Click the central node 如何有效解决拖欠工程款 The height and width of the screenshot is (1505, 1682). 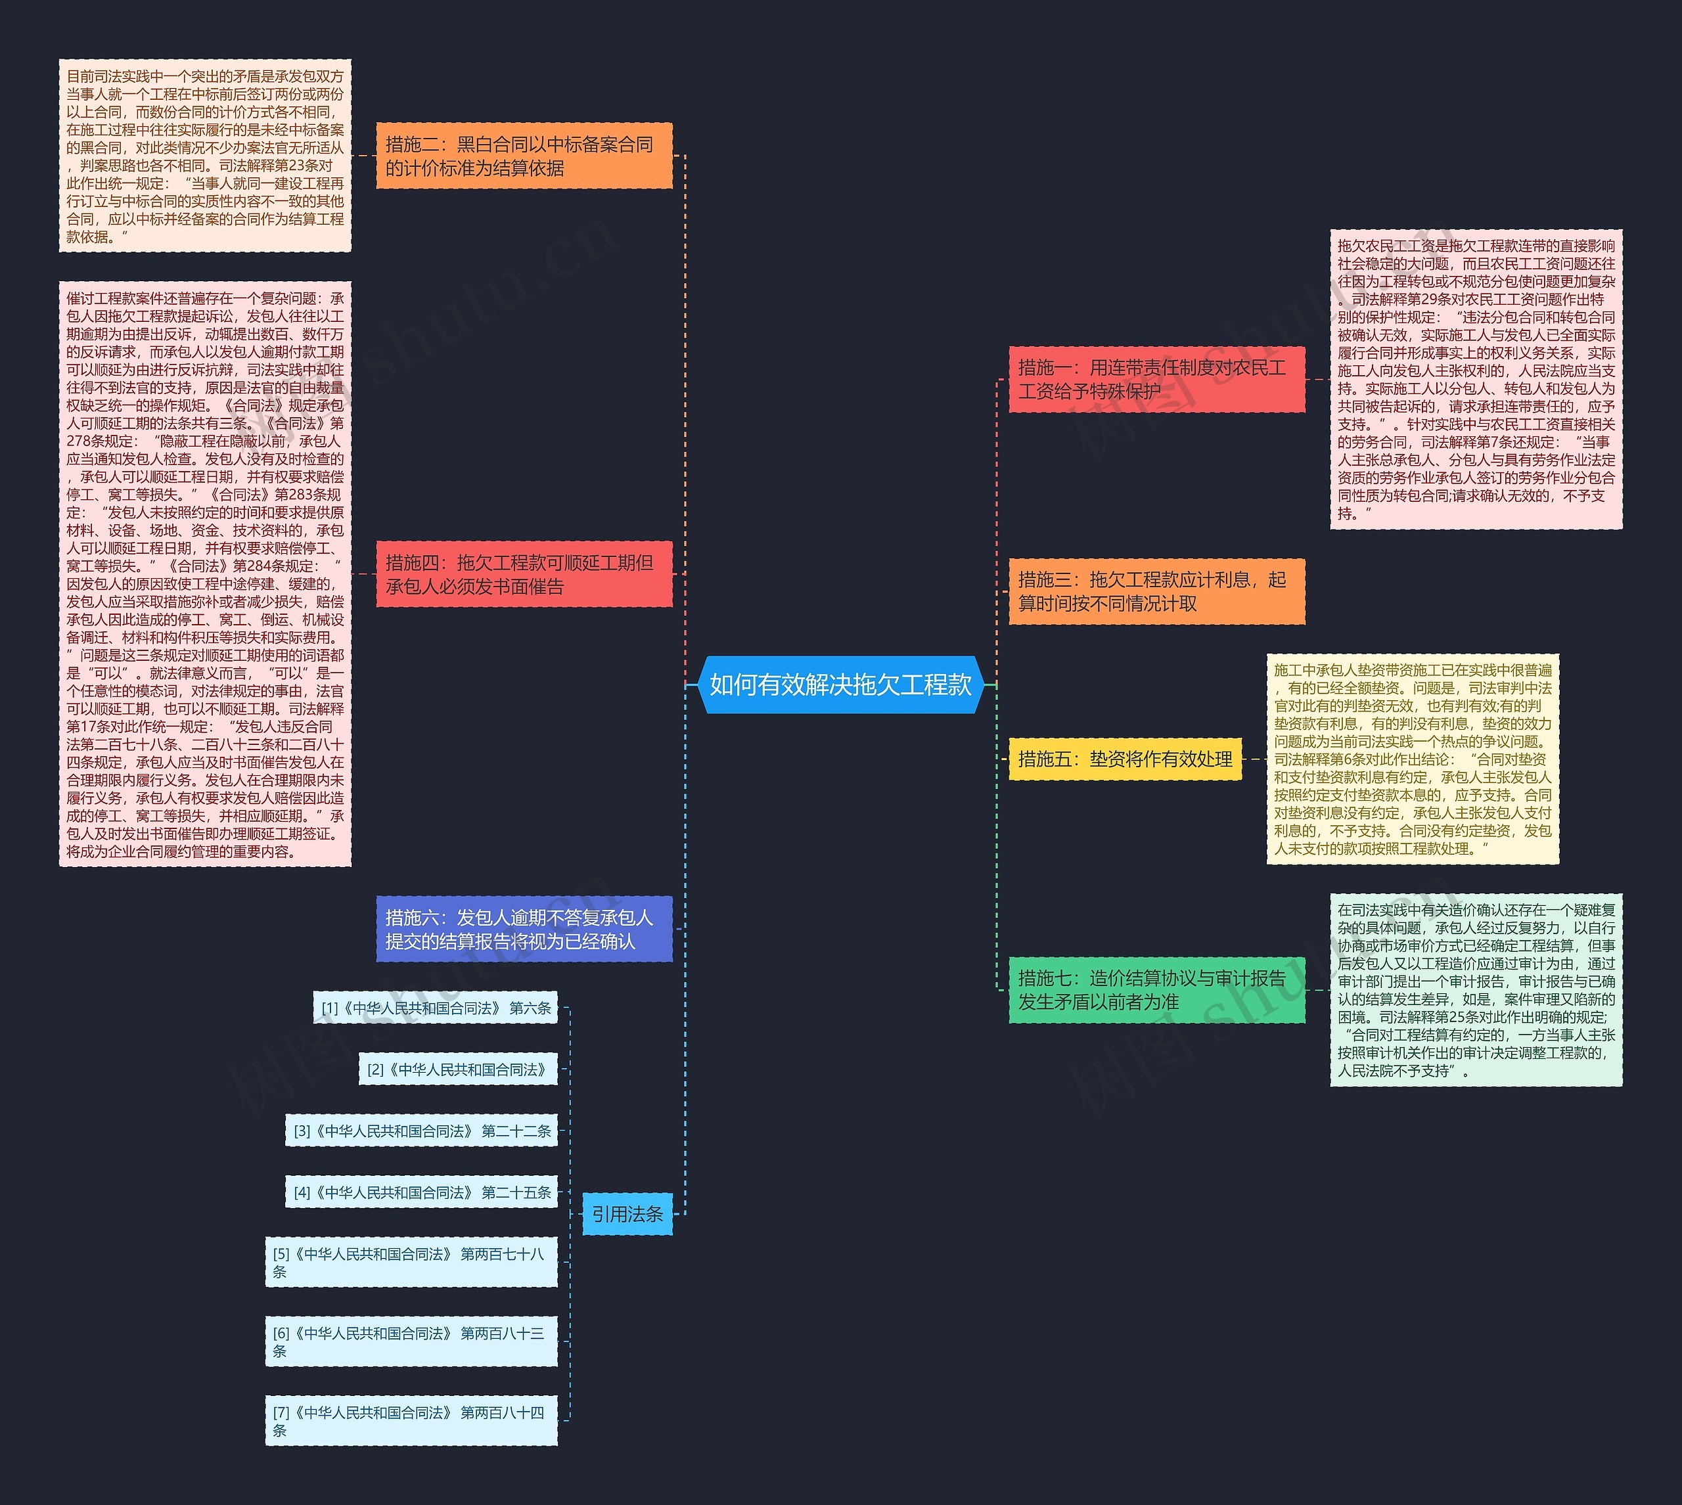tap(840, 685)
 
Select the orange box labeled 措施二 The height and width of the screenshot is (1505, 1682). tap(524, 156)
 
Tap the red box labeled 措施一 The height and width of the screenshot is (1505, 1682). tap(1157, 379)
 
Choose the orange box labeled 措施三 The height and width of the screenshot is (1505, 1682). tap(1157, 591)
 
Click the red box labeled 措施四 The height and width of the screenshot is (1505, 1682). tap(524, 574)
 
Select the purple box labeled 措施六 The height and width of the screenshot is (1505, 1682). tap(524, 929)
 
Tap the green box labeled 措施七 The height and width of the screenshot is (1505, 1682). tap(1157, 990)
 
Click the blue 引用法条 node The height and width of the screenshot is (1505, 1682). tap(627, 1214)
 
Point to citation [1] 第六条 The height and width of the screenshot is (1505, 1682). tap(436, 1008)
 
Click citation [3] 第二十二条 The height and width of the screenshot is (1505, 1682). tap(422, 1131)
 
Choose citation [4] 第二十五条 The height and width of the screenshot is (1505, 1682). tap(422, 1192)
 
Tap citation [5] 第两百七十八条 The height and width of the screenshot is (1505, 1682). tap(412, 1262)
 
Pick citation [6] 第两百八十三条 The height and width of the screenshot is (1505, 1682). tap(412, 1341)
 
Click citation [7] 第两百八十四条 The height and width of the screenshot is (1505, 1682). tap(412, 1421)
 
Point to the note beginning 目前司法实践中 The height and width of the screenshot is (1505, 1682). tap(205, 156)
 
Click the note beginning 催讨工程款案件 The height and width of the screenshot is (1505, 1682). tap(205, 574)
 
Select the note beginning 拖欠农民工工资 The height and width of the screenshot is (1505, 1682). tap(1476, 379)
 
